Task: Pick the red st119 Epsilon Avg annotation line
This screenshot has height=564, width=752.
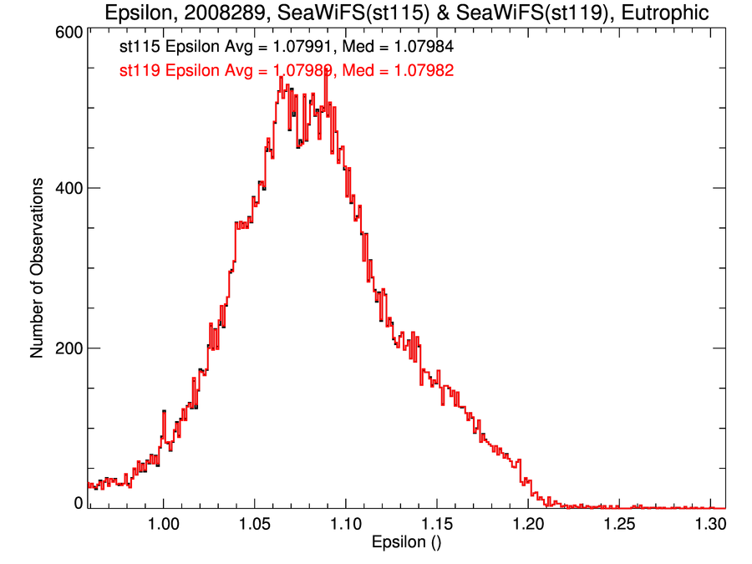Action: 287,71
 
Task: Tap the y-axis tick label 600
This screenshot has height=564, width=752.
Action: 69,33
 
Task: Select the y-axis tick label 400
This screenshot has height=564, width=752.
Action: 69,188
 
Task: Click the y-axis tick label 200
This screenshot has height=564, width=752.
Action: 69,348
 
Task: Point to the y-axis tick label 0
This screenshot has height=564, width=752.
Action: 79,503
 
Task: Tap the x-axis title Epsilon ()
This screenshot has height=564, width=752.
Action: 406,544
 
